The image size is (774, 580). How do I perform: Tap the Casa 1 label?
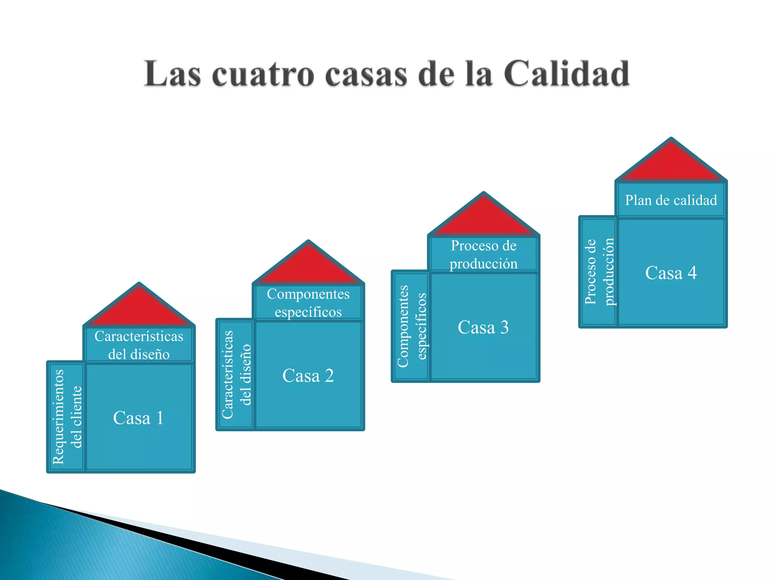pyautogui.click(x=138, y=418)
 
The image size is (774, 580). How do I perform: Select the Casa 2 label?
pyautogui.click(x=308, y=376)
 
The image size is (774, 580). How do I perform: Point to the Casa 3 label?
pyautogui.click(x=483, y=327)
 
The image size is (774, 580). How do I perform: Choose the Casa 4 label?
pyautogui.click(x=671, y=273)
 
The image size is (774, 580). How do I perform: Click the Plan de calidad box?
pyautogui.click(x=671, y=200)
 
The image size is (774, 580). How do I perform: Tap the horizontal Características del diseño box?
pyautogui.click(x=139, y=345)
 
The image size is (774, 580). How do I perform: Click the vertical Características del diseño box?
pyautogui.click(x=236, y=375)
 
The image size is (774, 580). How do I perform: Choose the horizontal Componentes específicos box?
pyautogui.click(x=308, y=303)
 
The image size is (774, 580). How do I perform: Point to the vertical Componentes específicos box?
pyautogui.click(x=411, y=326)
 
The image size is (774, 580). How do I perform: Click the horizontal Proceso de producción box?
pyautogui.click(x=483, y=255)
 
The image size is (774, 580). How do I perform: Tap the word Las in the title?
pyautogui.click(x=172, y=74)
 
